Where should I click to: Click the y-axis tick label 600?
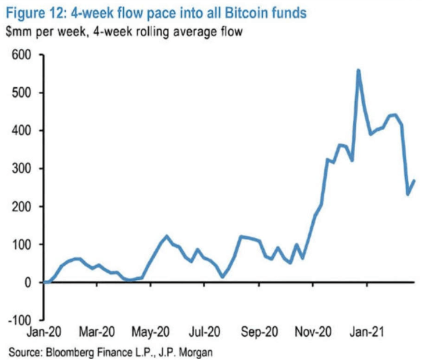click(x=22, y=55)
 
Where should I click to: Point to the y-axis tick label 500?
click(x=22, y=93)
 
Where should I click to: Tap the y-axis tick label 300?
click(x=22, y=169)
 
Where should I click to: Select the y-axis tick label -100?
click(x=20, y=320)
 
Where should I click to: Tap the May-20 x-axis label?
click(x=151, y=332)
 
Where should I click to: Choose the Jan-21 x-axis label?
click(x=366, y=332)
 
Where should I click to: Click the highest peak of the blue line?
click(x=358, y=70)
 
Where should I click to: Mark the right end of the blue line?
click(x=414, y=180)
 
